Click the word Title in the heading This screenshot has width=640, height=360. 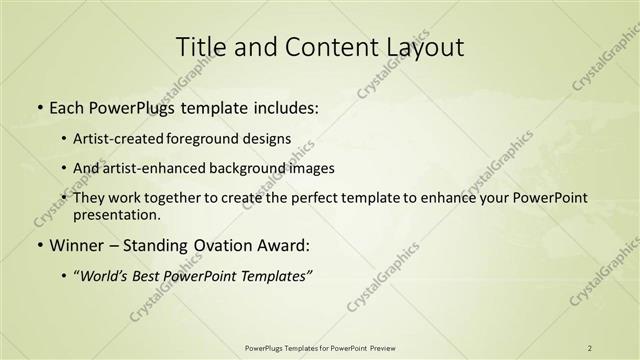(x=198, y=47)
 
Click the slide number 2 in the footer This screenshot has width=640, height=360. (x=590, y=348)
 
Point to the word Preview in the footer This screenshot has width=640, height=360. (x=377, y=348)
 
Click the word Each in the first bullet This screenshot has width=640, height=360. (x=66, y=107)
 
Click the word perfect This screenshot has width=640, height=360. (x=336, y=198)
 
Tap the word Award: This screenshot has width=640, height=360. (x=288, y=245)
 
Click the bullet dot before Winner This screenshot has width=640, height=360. (x=39, y=245)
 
